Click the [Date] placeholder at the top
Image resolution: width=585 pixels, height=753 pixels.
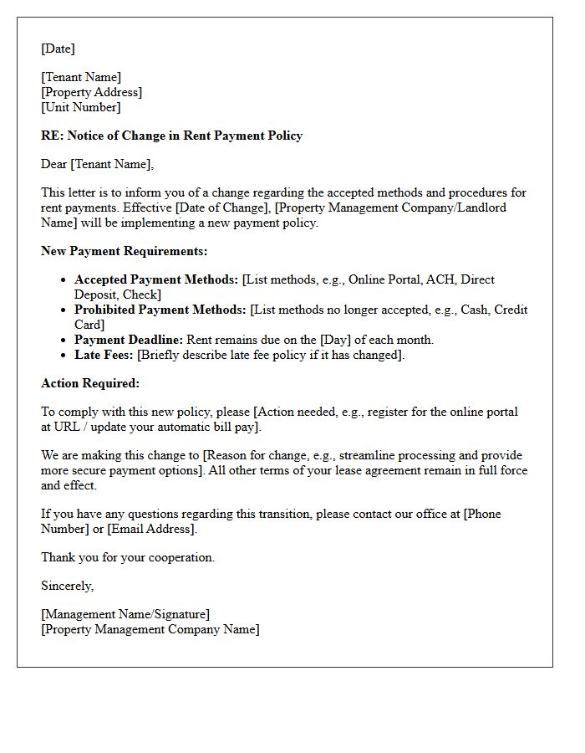click(x=58, y=49)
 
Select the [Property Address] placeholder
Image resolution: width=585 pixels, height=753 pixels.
click(x=91, y=92)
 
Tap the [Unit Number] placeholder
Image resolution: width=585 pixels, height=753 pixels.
click(x=80, y=107)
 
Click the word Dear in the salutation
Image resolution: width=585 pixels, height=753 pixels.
click(x=54, y=164)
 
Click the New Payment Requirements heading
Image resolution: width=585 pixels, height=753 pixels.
click(x=124, y=251)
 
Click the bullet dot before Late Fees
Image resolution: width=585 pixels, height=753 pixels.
click(x=64, y=355)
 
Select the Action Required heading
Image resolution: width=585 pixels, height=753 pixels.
click(x=90, y=383)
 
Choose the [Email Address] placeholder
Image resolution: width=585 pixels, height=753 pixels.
click(x=151, y=529)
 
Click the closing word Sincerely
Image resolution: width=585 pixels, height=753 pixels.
click(x=67, y=586)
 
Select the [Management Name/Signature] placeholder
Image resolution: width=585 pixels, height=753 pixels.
click(x=125, y=614)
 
